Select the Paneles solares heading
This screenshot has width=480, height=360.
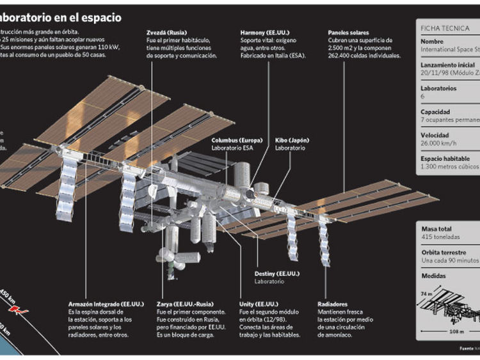[x=349, y=31]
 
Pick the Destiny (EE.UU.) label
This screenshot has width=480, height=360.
[x=277, y=273]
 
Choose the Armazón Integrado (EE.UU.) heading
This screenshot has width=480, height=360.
[x=106, y=304]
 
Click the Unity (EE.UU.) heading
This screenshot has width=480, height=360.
[x=259, y=304]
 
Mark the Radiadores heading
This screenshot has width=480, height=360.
[x=333, y=304]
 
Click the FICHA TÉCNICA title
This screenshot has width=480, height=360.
[x=441, y=28]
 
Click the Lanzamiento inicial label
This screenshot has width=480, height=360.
[x=448, y=65]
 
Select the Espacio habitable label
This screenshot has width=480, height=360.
[x=449, y=158]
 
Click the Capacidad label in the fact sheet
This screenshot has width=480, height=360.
[x=435, y=111]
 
